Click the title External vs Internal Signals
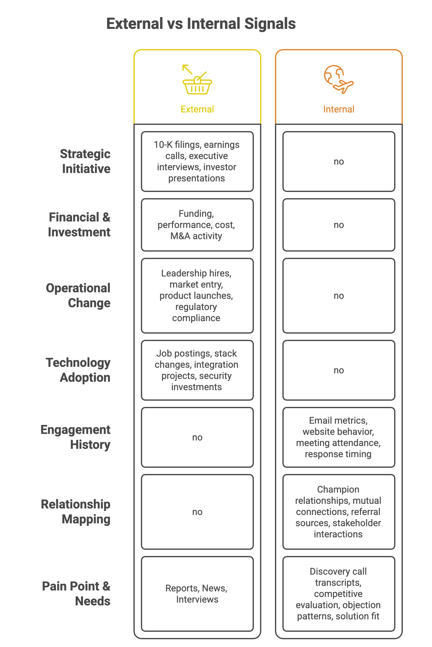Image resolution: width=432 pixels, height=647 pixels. (x=201, y=24)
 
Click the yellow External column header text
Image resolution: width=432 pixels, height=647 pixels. (x=197, y=109)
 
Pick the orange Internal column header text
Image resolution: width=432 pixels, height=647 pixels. (x=339, y=109)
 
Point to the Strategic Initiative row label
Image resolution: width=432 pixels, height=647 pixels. (x=85, y=161)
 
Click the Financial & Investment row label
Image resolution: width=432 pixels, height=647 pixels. (x=79, y=225)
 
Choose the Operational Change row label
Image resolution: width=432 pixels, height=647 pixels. (x=79, y=295)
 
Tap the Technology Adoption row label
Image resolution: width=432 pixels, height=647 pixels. (x=78, y=370)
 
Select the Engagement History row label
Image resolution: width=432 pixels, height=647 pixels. (x=76, y=437)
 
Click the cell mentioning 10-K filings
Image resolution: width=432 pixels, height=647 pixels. (x=197, y=162)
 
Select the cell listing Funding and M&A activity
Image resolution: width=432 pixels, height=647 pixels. (x=197, y=225)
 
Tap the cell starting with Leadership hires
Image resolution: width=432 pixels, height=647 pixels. (x=197, y=296)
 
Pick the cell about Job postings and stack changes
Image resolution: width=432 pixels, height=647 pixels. (x=197, y=370)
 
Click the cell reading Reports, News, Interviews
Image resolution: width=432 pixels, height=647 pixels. (x=197, y=594)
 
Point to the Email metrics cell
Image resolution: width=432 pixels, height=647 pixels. (x=339, y=437)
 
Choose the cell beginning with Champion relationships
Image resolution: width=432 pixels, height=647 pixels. (x=339, y=512)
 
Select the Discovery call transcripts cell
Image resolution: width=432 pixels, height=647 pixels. (x=339, y=594)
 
